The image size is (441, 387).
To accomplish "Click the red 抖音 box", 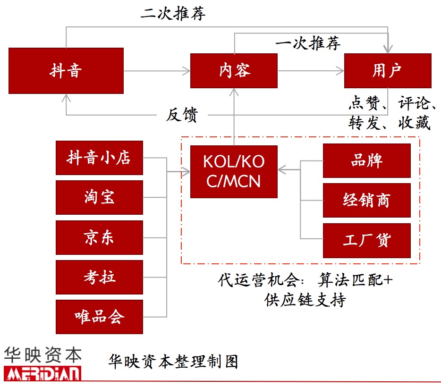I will (x=66, y=71).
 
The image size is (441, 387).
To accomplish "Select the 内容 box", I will (x=234, y=71).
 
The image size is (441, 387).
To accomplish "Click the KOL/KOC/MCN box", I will (x=234, y=171).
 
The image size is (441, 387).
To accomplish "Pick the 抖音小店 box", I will (x=99, y=158).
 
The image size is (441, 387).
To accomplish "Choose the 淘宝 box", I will (x=99, y=197).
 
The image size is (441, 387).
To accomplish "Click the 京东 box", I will (x=99, y=237).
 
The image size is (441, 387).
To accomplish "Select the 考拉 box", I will (x=99, y=277).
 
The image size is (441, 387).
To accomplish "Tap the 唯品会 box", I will (x=99, y=317).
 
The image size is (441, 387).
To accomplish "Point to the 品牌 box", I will (x=366, y=160).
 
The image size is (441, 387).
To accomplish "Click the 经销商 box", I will (x=366, y=200).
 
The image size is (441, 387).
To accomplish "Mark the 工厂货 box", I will (x=366, y=240).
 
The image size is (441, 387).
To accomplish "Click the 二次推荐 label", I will (x=173, y=13).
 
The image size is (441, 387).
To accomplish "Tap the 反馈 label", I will (x=181, y=115).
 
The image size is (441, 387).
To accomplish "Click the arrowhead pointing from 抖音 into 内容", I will (x=187, y=71).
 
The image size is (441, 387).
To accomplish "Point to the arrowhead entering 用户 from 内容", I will (x=341, y=71).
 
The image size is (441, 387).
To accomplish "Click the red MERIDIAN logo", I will (x=42, y=373).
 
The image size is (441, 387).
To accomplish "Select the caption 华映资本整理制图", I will (x=173, y=362).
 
